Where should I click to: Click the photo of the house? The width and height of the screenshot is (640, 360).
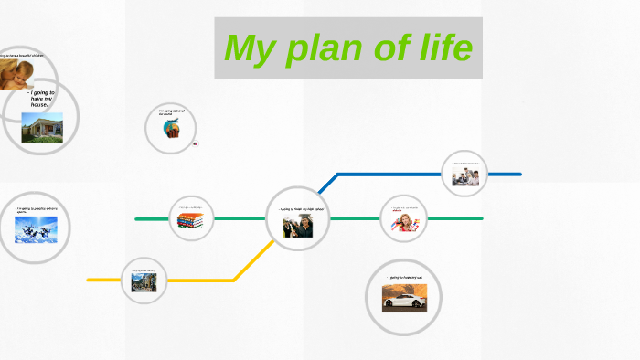42,128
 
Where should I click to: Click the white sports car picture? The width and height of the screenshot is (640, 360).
402,298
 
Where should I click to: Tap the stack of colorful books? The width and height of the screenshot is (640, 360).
190,222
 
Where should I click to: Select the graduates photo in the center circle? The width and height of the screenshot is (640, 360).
296,226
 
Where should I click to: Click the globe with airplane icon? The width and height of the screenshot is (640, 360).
171,129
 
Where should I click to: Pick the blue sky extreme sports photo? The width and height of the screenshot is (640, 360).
36,228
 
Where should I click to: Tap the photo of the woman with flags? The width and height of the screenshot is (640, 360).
404,222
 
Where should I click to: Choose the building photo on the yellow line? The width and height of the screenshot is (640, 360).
144,282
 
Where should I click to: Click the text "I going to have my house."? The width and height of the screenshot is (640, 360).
42,99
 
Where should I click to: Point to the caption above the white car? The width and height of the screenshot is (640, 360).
403,278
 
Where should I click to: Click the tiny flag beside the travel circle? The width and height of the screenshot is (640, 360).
196,143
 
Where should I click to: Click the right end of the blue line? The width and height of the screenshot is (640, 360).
519,174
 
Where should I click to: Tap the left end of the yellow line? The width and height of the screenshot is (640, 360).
89,280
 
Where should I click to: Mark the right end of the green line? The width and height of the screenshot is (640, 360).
481,218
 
